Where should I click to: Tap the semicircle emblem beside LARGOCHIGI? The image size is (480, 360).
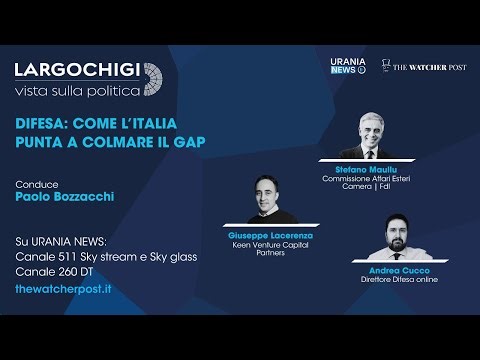tap(153, 79)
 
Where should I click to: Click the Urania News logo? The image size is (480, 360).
tap(348, 66)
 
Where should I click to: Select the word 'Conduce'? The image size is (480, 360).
tap(37, 184)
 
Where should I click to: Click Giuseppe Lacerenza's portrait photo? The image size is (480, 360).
tap(265, 200)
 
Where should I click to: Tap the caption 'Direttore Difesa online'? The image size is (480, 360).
tap(399, 279)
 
